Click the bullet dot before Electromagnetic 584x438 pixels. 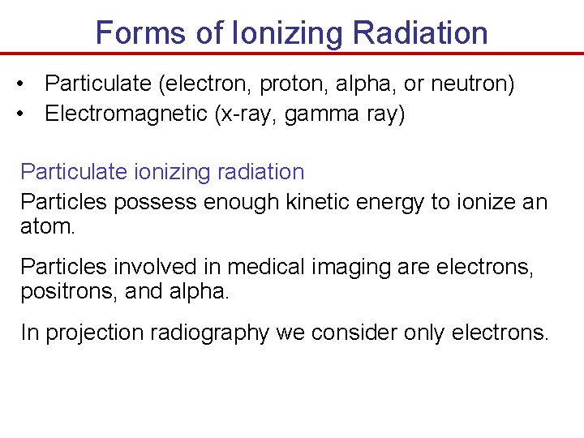pos(28,114)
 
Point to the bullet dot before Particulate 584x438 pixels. pos(28,84)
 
